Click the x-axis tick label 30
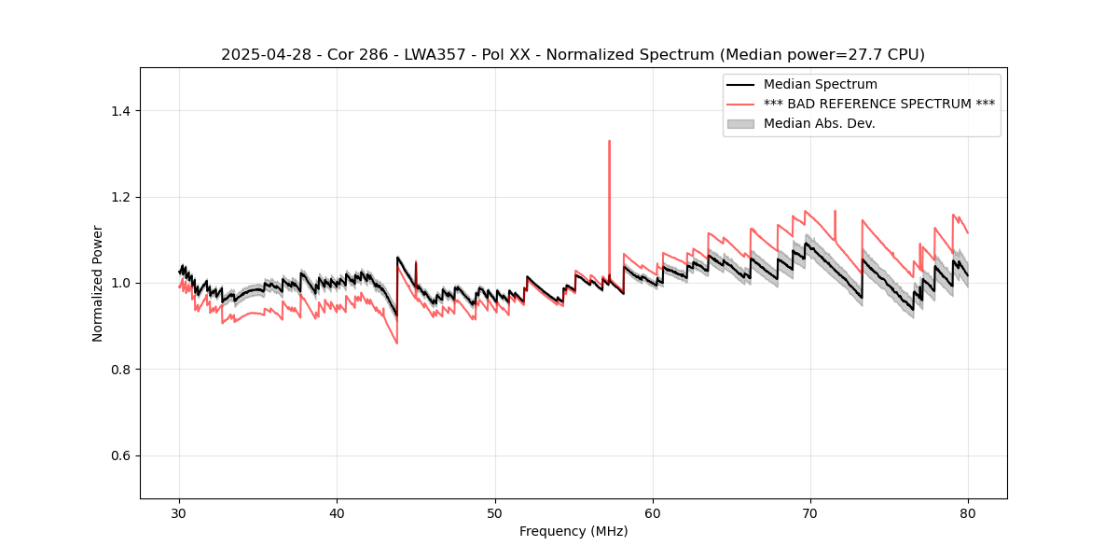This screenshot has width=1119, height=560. click(x=179, y=512)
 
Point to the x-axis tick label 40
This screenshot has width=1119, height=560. click(x=337, y=512)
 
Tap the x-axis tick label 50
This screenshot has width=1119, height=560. click(x=494, y=512)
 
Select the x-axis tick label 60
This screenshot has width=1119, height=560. click(x=653, y=512)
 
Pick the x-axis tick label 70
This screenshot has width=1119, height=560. click(x=810, y=512)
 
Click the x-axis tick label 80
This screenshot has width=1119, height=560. click(x=968, y=512)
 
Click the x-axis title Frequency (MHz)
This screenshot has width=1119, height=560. click(x=573, y=531)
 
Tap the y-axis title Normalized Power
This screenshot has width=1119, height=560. click(x=98, y=283)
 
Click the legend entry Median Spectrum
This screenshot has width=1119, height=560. click(x=820, y=85)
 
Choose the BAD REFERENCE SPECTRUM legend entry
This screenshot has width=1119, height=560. click(x=878, y=104)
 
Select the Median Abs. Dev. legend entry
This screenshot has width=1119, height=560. click(x=819, y=123)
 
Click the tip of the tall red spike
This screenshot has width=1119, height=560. click(x=609, y=141)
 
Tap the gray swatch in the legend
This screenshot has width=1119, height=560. click(x=740, y=123)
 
